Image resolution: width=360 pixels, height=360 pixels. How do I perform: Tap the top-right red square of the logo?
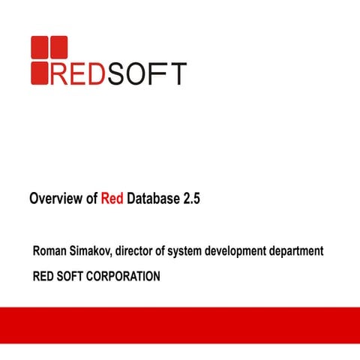58,46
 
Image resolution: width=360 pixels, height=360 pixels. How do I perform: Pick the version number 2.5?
192,199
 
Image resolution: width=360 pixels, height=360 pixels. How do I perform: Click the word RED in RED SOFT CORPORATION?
43,276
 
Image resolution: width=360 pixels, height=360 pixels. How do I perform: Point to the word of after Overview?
91,199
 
